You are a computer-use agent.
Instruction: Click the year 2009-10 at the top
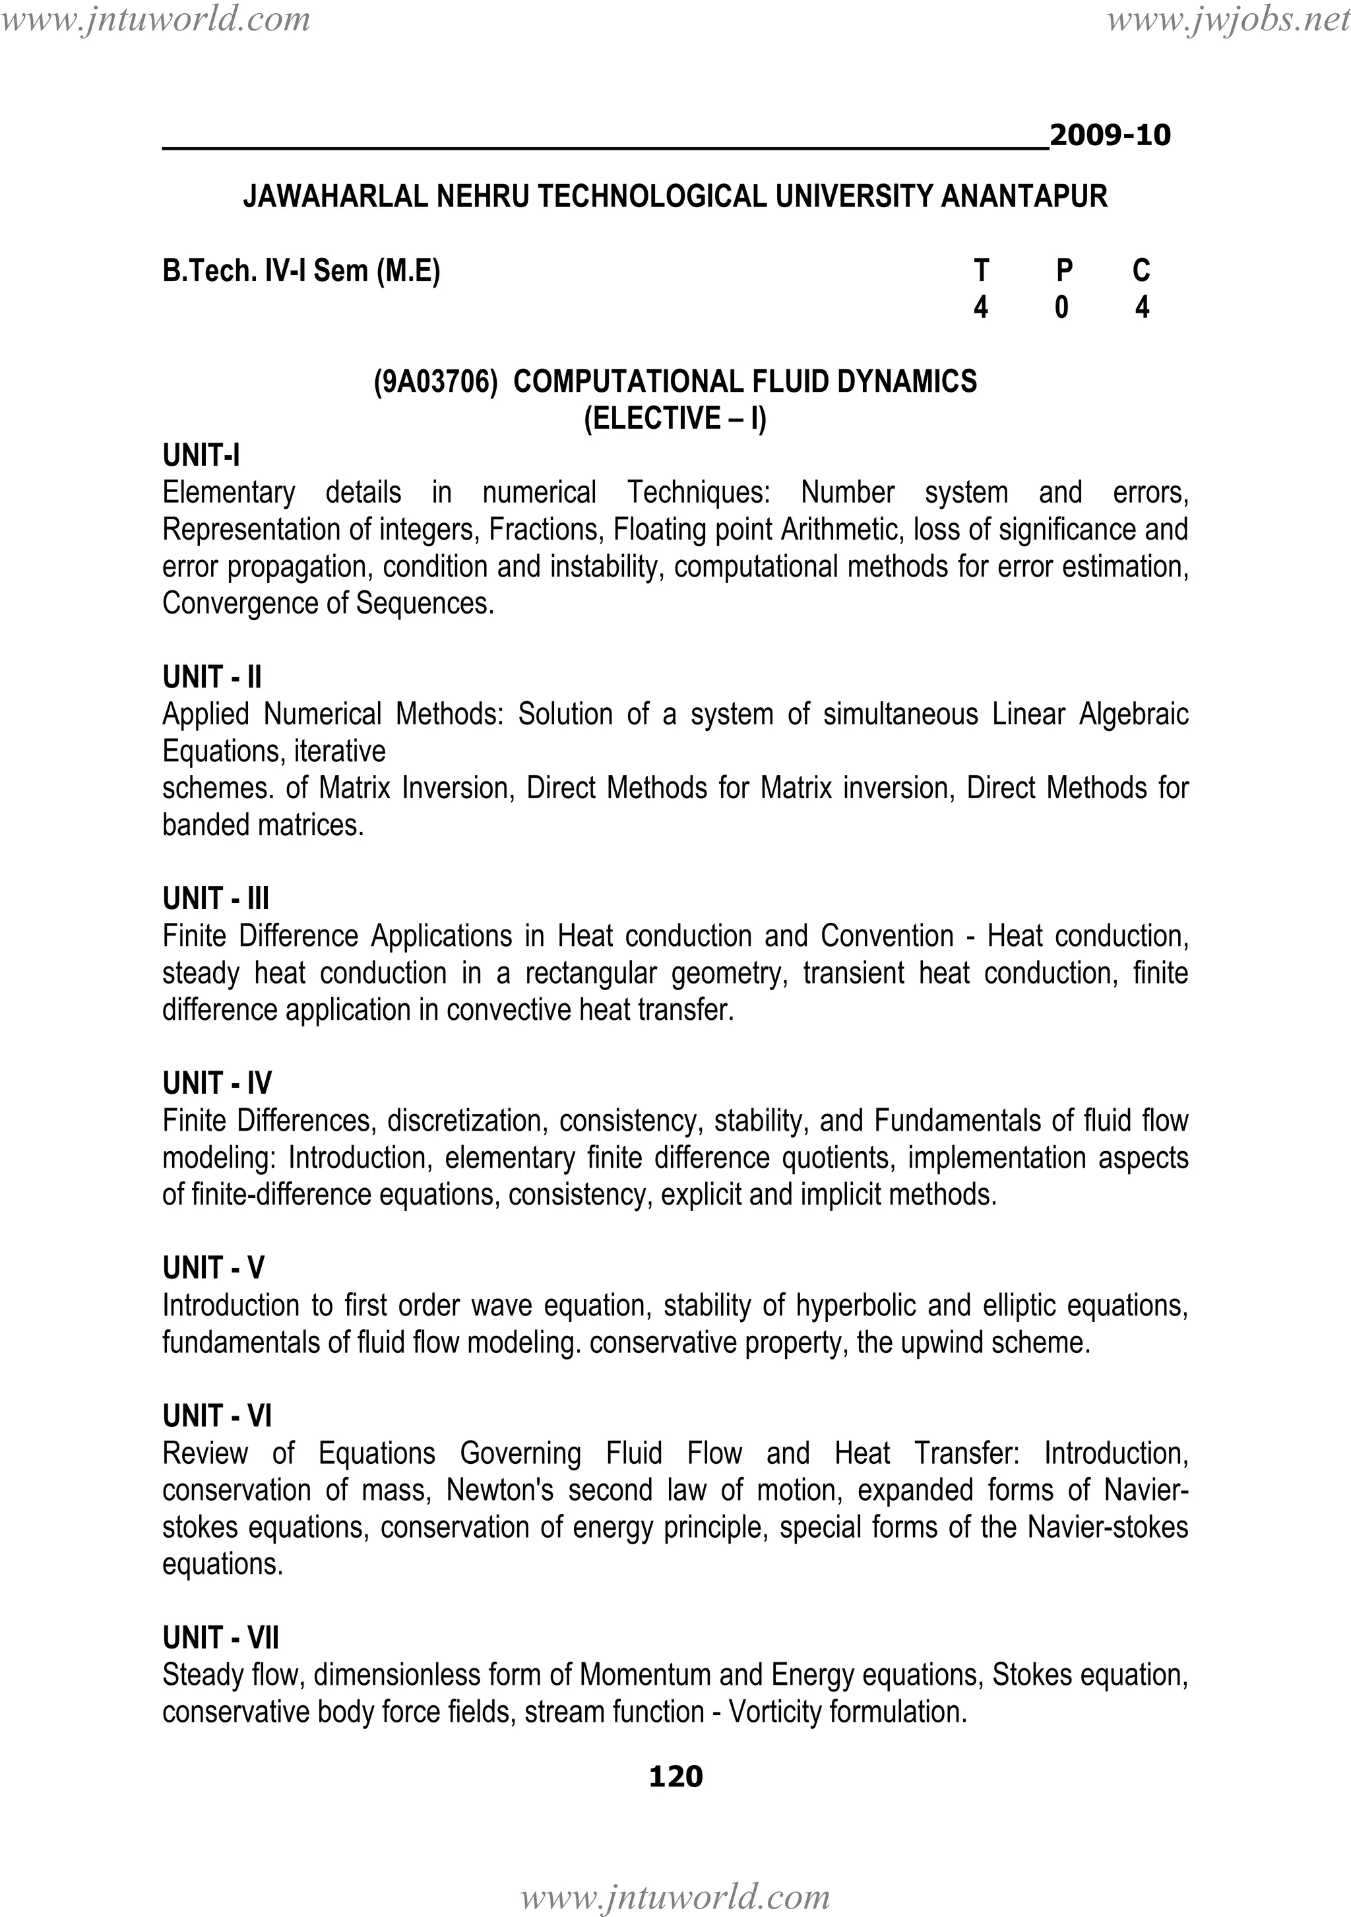pyautogui.click(x=1109, y=135)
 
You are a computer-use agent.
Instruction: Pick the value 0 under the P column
pyautogui.click(x=1061, y=308)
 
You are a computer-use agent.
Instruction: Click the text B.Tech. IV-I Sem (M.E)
pyautogui.click(x=301, y=270)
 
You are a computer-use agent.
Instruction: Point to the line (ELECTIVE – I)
pyautogui.click(x=675, y=418)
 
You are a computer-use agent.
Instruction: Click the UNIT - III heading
pyautogui.click(x=216, y=898)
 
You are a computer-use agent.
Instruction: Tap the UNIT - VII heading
pyautogui.click(x=220, y=1638)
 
